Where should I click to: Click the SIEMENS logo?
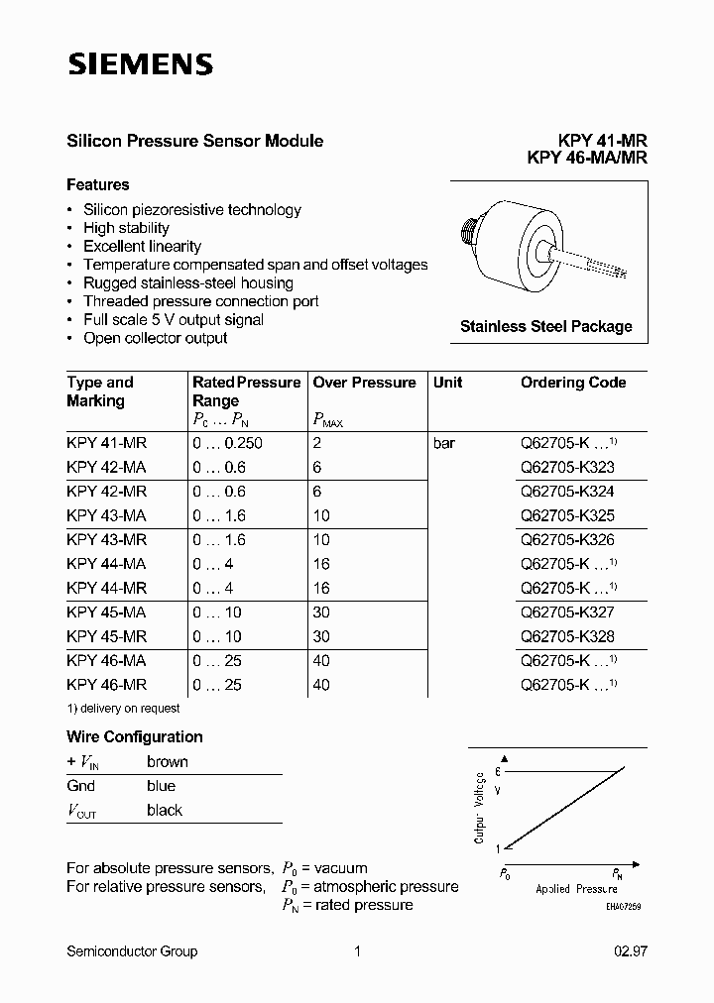pyautogui.click(x=140, y=65)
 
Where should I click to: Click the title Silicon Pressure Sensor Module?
pyautogui.click(x=194, y=141)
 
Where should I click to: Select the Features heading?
pyautogui.click(x=97, y=184)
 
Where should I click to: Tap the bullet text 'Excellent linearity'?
pyautogui.click(x=142, y=246)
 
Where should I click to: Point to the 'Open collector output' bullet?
pyautogui.click(x=155, y=338)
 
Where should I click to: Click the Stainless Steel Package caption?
pyautogui.click(x=545, y=326)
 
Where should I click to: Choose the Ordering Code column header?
pyautogui.click(x=573, y=383)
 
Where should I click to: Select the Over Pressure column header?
pyautogui.click(x=364, y=383)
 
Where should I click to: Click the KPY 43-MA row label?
pyautogui.click(x=106, y=516)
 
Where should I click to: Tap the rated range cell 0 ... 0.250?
pyautogui.click(x=227, y=443)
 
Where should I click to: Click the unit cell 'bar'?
pyautogui.click(x=443, y=443)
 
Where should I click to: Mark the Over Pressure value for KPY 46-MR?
pyautogui.click(x=321, y=685)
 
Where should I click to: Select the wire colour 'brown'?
pyautogui.click(x=167, y=761)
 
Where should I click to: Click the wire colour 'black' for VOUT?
pyautogui.click(x=165, y=810)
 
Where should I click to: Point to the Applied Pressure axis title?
pyautogui.click(x=576, y=889)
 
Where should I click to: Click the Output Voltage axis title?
pyautogui.click(x=480, y=807)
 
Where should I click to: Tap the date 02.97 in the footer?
pyautogui.click(x=630, y=951)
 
